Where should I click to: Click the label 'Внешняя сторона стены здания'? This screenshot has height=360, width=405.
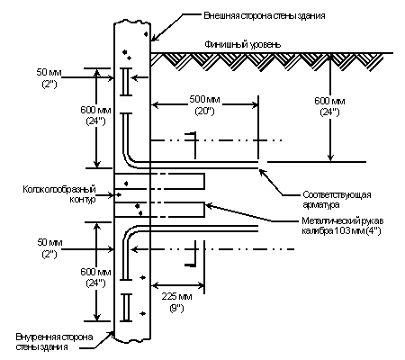[265, 15]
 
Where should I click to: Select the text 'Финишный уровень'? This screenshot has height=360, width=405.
[243, 45]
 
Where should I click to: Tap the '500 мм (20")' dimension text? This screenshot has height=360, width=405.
[204, 105]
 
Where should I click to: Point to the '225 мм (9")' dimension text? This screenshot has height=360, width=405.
[176, 302]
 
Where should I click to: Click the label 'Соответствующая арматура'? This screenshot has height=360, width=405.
[337, 200]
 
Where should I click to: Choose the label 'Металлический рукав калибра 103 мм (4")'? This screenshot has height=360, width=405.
[342, 226]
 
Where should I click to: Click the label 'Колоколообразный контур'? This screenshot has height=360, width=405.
[59, 194]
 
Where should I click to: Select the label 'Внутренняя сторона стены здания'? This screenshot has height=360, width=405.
[54, 342]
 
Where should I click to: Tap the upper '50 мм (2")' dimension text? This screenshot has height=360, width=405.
[49, 78]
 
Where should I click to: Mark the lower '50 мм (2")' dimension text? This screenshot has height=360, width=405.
[49, 247]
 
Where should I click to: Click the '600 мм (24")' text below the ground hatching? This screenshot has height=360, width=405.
[329, 106]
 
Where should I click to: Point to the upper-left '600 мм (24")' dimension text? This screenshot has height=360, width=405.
[95, 115]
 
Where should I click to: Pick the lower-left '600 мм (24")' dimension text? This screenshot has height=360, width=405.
[95, 277]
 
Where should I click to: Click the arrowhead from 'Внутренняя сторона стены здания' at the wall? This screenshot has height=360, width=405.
[112, 333]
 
